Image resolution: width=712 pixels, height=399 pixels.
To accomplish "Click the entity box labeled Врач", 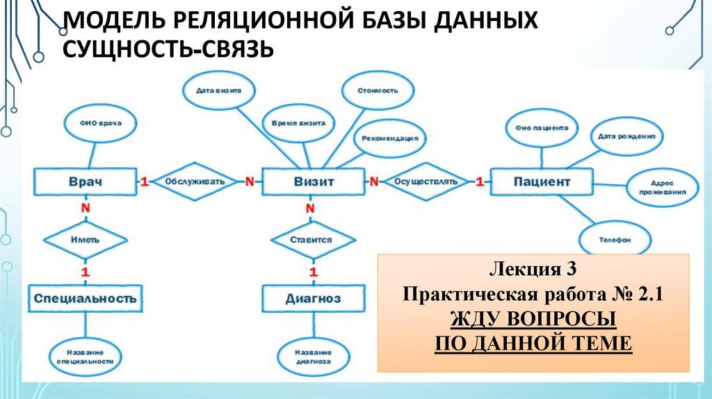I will (x=85, y=181).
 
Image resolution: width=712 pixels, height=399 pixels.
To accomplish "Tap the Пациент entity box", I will (x=542, y=181).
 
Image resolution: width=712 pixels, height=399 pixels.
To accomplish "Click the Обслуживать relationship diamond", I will (x=195, y=181).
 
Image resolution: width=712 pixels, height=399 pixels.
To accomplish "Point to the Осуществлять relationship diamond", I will (x=426, y=181).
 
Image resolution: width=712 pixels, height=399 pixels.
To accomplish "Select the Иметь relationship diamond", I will (x=85, y=239).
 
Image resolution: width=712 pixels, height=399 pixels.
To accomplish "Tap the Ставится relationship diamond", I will (x=310, y=239).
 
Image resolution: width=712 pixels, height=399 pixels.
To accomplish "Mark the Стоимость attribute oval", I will (x=378, y=90).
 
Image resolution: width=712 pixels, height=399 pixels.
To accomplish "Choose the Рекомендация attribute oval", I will (x=389, y=138).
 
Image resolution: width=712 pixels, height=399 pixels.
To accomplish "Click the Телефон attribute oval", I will (x=615, y=239).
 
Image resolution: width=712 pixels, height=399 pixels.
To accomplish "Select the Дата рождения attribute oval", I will (x=626, y=137).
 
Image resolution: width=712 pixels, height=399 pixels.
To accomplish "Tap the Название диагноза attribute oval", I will (x=312, y=357).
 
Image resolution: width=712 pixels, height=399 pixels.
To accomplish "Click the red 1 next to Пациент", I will (x=479, y=181).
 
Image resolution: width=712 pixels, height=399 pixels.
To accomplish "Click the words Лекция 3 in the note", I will (x=533, y=268).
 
